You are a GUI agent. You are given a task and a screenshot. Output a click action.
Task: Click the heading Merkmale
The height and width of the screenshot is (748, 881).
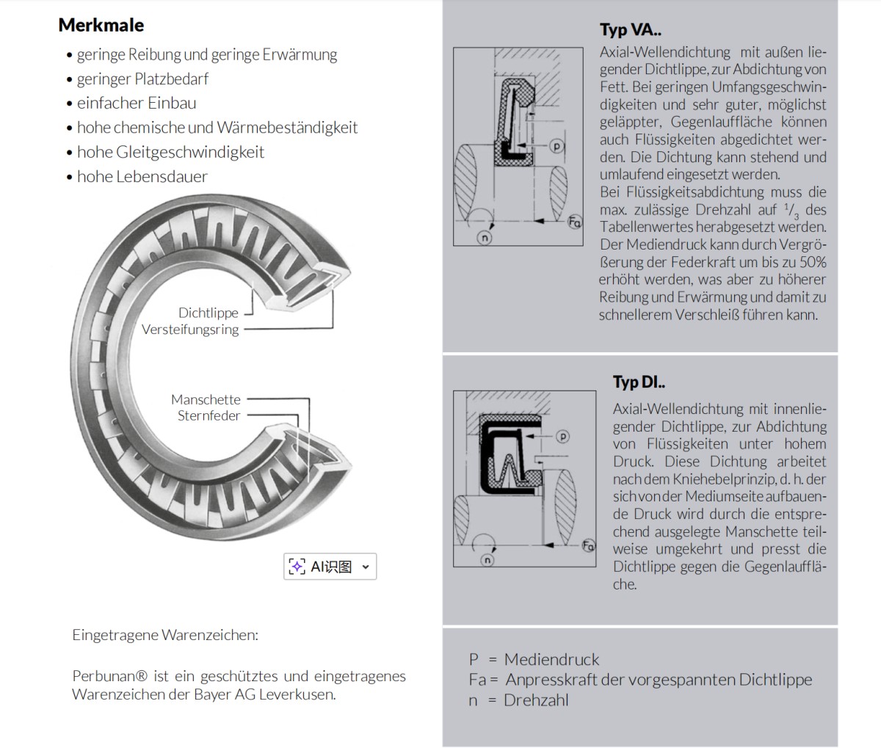tap(101, 25)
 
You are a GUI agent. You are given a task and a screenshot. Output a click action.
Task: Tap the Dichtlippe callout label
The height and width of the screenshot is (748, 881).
tap(208, 313)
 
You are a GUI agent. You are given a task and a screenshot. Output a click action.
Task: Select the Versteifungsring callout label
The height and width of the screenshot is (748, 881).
tap(190, 330)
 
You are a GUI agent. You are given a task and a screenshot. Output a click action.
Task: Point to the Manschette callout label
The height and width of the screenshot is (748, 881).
tap(206, 399)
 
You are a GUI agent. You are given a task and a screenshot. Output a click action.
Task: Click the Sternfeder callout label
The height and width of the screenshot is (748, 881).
tap(209, 416)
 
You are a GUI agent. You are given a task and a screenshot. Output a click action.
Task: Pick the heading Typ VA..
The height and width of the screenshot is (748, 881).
tap(631, 30)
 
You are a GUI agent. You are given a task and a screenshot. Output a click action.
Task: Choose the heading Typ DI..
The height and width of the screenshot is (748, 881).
tap(639, 382)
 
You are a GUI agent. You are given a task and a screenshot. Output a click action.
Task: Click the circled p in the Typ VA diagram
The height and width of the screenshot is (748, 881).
tap(557, 146)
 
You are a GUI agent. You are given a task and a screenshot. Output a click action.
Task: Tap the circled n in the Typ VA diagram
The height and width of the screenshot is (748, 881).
tap(485, 237)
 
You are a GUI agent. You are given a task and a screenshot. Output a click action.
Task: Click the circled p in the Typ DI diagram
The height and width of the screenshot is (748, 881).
tap(562, 437)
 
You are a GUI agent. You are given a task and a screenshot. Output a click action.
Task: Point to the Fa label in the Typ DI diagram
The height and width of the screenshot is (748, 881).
tap(588, 545)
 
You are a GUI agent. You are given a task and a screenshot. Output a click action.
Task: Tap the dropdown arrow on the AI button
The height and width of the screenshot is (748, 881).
tap(366, 567)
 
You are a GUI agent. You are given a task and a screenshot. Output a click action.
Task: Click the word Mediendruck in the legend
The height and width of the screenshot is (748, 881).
tap(551, 659)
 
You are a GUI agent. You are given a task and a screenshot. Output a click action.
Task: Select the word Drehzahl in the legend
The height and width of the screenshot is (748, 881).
tap(536, 700)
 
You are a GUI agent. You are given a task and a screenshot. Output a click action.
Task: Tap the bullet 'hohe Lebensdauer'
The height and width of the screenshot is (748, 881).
tap(142, 176)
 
